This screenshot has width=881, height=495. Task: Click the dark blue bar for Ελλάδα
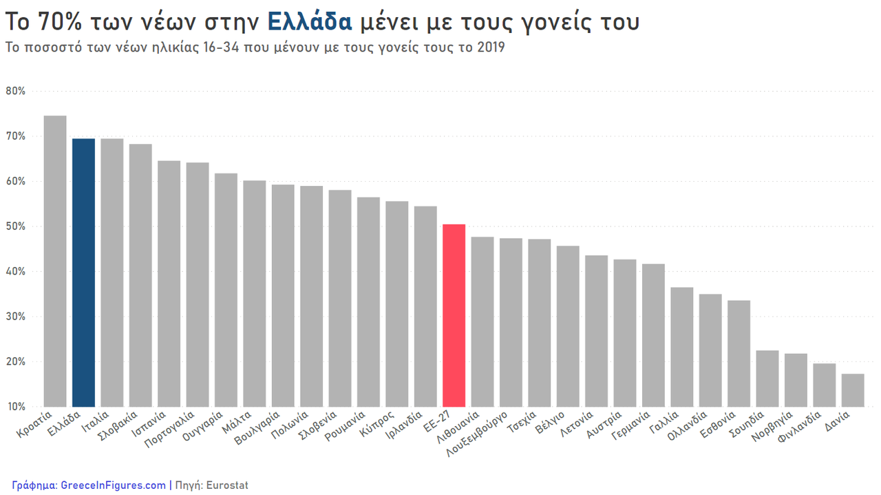83,273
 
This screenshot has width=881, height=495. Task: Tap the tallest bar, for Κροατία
55,262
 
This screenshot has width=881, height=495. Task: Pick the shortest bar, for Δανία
853,390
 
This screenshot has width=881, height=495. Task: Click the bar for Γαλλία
682,347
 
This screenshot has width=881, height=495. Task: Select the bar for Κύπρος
397,304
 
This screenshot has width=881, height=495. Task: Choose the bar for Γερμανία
653,335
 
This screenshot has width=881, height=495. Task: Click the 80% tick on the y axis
16,91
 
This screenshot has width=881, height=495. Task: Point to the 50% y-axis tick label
16,227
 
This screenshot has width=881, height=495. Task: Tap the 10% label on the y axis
16,407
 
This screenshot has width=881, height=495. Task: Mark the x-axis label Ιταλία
95,421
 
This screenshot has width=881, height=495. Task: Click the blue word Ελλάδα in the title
309,22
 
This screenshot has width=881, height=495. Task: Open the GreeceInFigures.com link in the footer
114,485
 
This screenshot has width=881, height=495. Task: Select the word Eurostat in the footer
227,485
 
